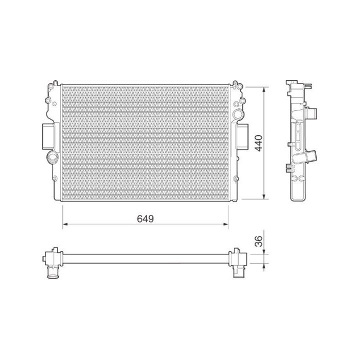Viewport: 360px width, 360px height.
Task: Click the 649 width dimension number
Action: pyautogui.click(x=145, y=219)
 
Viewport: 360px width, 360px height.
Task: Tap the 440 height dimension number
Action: pyautogui.click(x=259, y=143)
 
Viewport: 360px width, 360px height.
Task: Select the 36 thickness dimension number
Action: pyautogui.click(x=259, y=241)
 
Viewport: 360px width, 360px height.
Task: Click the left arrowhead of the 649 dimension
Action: pyautogui.click(x=65, y=224)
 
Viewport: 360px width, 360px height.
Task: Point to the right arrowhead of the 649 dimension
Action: pyautogui.click(x=225, y=224)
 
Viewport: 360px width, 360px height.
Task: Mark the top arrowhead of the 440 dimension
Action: pyautogui.click(x=264, y=90)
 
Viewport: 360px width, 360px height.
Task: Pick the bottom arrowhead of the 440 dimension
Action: pyautogui.click(x=264, y=196)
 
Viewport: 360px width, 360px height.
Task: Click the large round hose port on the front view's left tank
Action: pyautogui.click(x=52, y=157)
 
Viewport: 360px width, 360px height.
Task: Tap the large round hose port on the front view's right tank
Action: pyautogui.click(x=237, y=113)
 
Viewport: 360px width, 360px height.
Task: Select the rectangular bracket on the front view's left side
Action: pyautogui.click(x=48, y=136)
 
